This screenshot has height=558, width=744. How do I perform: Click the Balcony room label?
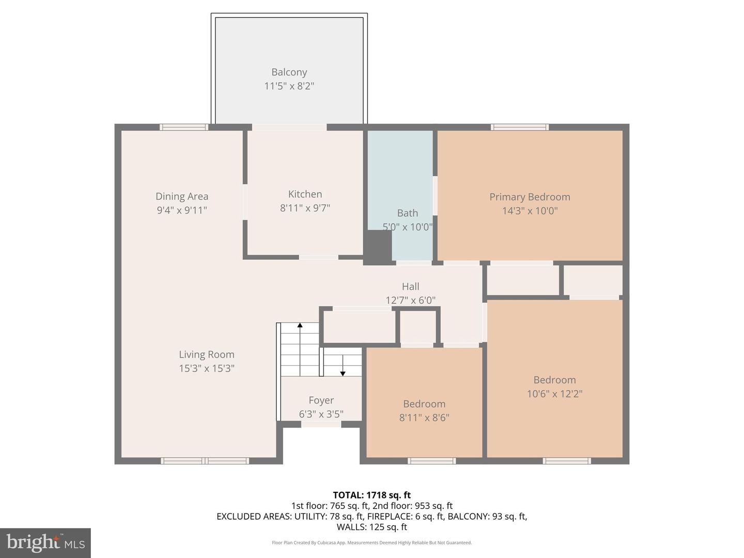pyautogui.click(x=289, y=72)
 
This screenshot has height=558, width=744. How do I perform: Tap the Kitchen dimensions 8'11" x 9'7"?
pyautogui.click(x=305, y=208)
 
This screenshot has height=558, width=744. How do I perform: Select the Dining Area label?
pyautogui.click(x=182, y=196)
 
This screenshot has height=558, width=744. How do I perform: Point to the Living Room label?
pyautogui.click(x=207, y=354)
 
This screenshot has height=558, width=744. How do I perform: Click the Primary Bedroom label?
pyautogui.click(x=530, y=197)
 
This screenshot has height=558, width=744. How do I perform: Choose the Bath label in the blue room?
pyautogui.click(x=407, y=213)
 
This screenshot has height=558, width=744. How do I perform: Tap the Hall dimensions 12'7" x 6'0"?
pyautogui.click(x=410, y=300)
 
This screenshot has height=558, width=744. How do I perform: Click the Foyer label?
pyautogui.click(x=321, y=400)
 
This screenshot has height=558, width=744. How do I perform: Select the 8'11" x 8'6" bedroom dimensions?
pyautogui.click(x=424, y=417)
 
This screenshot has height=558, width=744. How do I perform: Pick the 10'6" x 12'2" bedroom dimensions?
pyautogui.click(x=554, y=394)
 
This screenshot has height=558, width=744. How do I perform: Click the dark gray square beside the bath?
pyautogui.click(x=378, y=247)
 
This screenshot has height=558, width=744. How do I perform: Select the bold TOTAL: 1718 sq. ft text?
pyautogui.click(x=371, y=495)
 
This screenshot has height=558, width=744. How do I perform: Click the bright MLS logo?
pyautogui.click(x=45, y=542)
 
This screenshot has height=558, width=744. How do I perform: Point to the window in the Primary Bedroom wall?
pyautogui.click(x=519, y=127)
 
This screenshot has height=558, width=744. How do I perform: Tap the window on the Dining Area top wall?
pyautogui.click(x=184, y=127)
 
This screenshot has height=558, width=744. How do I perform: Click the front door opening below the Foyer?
pyautogui.click(x=321, y=424)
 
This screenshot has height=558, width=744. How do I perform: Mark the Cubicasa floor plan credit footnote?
pyautogui.click(x=371, y=542)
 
